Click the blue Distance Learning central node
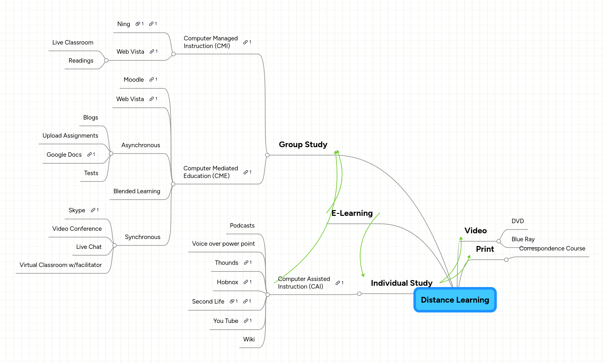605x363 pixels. pos(455,300)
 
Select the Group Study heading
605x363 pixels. pos(303,145)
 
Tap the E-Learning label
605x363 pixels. pos(352,213)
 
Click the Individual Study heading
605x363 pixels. pos(401,283)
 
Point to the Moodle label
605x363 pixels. pos(134,80)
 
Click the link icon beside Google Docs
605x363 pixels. pos(90,154)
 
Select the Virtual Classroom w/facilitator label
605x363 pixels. pos(60,265)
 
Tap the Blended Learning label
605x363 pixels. pos(137,191)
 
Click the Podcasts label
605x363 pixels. pos(242,226)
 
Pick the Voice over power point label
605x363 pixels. pos(223,244)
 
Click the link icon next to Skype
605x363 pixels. pos(93,210)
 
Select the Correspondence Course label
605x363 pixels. pos(552,249)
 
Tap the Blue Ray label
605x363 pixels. pos(523,239)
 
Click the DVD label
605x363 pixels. pos(517,221)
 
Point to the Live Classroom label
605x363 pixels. pos(73,43)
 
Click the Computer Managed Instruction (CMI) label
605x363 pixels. pos(210,42)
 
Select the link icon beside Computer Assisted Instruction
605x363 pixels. pos(338,283)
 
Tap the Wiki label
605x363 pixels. pos(249,339)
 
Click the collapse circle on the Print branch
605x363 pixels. pos(506,260)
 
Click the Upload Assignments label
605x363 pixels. pos(70,136)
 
